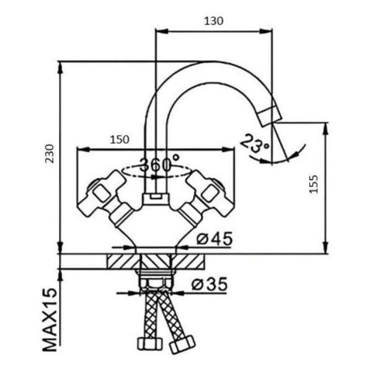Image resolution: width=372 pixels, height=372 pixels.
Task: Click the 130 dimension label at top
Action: coord(213,21)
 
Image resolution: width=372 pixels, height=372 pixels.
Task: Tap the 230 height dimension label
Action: coord(50,154)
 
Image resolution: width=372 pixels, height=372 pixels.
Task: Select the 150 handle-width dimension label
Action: coord(120,139)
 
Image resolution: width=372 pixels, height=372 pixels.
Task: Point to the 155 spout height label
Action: coord(314,184)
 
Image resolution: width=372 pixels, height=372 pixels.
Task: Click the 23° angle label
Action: coord(255,144)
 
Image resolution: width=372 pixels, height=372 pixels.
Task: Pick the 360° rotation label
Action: coord(159,164)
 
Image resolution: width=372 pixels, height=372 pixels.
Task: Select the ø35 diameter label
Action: coord(210,284)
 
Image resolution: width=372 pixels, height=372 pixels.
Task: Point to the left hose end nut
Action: coord(150,343)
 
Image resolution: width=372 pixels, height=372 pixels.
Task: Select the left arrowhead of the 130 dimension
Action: coord(161,31)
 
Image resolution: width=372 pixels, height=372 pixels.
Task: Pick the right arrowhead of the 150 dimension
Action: coord(228,149)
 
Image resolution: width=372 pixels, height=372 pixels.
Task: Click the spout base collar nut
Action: coord(156,198)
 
